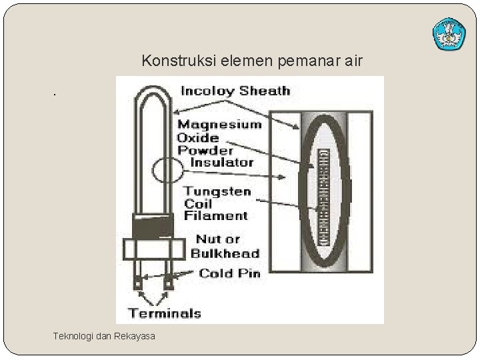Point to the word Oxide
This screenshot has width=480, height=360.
coord(198,137)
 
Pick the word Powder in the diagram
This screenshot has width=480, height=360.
coord(202,150)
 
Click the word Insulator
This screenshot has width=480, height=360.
coord(221,162)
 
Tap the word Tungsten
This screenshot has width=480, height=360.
coord(217,191)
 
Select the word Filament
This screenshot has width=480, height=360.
coord(215,215)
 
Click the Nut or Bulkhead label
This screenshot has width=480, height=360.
coord(225,246)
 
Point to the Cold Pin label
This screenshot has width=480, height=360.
coord(230,273)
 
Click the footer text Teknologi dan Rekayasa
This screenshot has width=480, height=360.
coord(104,336)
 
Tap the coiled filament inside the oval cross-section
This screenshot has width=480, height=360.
coord(325,198)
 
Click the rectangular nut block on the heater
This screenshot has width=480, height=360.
coord(153,249)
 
